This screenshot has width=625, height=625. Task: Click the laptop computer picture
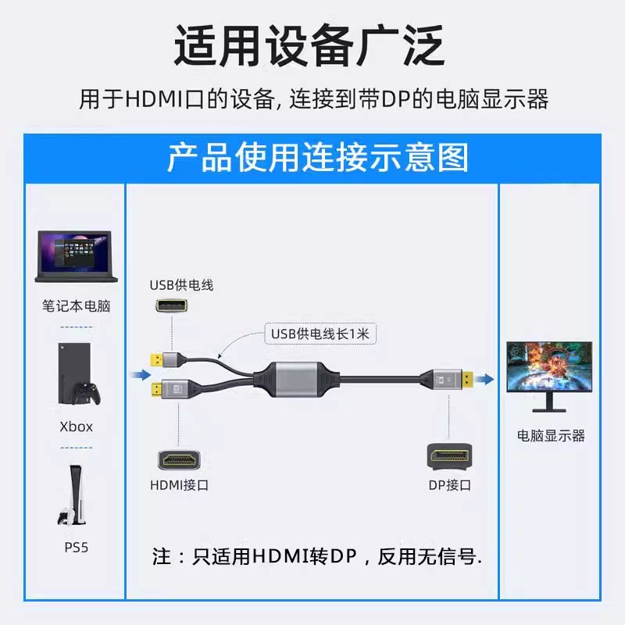pos(76,256)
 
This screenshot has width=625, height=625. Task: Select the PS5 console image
pos(72,495)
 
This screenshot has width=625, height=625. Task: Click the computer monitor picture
pos(549,377)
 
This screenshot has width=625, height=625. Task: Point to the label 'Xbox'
pos(76,427)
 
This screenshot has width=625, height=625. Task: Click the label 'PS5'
pos(76,548)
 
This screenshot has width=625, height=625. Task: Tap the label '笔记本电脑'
pos(76,305)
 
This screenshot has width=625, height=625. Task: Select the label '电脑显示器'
pos(551,436)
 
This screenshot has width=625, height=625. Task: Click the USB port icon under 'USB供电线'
pos(171,305)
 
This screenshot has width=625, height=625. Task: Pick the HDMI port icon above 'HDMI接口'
pos(179,460)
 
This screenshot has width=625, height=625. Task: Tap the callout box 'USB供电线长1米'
pos(320,334)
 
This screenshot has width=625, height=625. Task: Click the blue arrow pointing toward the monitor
pos(484,379)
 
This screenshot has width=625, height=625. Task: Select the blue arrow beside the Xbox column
pos(141,375)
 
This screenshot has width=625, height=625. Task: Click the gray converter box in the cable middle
pos(297,380)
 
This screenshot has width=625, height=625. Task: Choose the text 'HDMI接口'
pos(180,485)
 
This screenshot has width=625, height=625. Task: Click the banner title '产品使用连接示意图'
pos(318,159)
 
